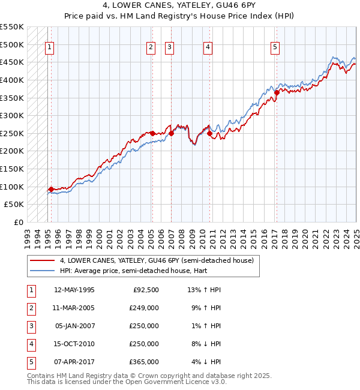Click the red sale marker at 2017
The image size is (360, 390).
[277, 92]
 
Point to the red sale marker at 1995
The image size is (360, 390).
[51, 190]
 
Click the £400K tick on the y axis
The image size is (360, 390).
[14, 80]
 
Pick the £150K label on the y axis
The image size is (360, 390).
[14, 169]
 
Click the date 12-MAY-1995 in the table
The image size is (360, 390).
[74, 290]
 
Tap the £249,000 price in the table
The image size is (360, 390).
[144, 308]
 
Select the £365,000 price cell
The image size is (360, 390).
[144, 362]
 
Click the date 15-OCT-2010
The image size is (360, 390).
[74, 344]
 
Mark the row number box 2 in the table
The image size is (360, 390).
[31, 308]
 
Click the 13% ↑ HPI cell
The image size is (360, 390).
[205, 290]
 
